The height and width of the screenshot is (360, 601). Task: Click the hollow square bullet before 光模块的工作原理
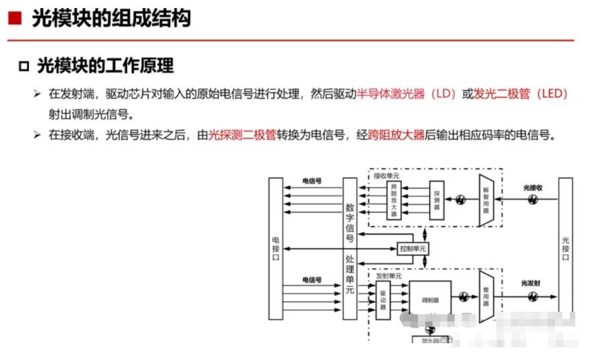24,66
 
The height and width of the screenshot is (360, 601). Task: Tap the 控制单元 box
412,249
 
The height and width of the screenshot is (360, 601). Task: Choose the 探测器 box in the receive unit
436,199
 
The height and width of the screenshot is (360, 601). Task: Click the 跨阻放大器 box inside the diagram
395,199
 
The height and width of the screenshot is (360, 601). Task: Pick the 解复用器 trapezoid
486,199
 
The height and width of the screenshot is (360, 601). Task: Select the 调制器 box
430,300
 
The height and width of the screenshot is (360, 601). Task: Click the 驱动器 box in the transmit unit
383,300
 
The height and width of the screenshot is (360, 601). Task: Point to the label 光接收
532,188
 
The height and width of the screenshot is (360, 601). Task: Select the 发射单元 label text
389,276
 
